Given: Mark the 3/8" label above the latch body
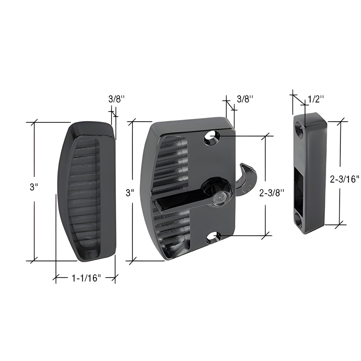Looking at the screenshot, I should click(245, 99).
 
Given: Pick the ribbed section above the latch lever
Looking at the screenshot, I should click(172, 165).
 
